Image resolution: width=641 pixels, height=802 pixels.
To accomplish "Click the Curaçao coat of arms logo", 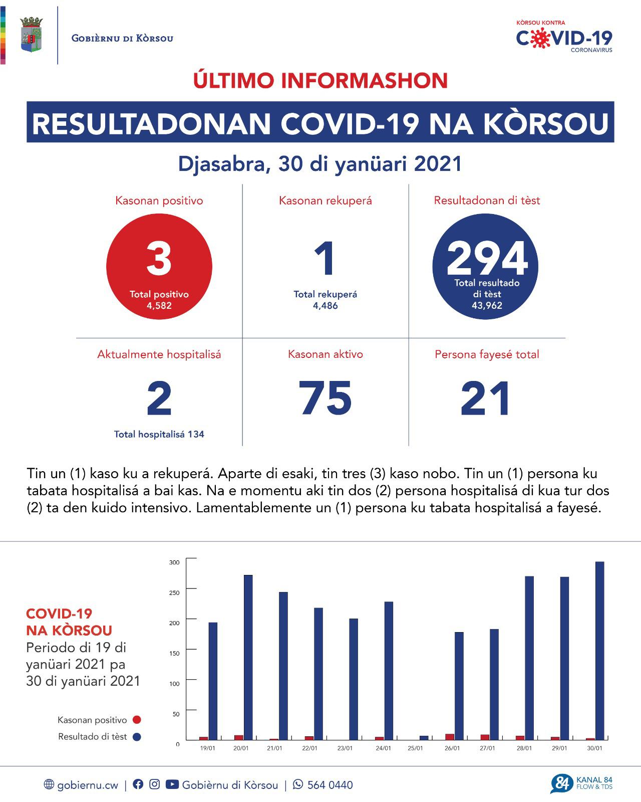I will tap(31, 35).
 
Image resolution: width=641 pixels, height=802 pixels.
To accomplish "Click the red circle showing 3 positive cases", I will tap(159, 267).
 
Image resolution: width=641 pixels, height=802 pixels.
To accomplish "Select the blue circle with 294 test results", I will tap(485, 267).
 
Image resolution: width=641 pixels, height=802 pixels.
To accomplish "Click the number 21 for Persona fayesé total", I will tap(486, 398).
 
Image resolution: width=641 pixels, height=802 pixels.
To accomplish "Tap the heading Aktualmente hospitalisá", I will tap(159, 354).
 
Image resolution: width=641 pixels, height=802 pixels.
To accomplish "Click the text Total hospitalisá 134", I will tap(159, 434).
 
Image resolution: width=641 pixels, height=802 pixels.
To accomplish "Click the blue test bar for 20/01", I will tap(248, 657).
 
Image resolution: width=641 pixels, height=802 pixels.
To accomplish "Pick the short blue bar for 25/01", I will tap(424, 737).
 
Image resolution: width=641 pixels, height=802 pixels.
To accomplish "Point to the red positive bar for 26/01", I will tap(450, 737).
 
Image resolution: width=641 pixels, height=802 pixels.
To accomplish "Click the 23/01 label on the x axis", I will tap(345, 748).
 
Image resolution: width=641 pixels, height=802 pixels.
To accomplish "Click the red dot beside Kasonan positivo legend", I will tap(137, 720).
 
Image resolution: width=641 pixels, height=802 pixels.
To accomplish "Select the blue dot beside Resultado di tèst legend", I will tap(137, 737).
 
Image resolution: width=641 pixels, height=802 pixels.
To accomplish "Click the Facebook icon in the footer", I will tap(138, 784).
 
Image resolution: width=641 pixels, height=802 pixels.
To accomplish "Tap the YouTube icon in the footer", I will tap(172, 784).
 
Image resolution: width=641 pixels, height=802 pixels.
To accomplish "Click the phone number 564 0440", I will tap(330, 785).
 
